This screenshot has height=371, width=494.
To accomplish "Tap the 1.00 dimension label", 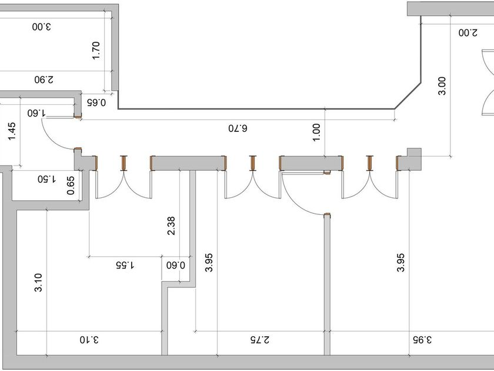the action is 316,131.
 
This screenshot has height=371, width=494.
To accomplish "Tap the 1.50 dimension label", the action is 46,178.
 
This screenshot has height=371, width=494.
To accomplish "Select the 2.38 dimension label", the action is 171,226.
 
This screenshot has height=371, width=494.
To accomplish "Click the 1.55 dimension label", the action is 125,265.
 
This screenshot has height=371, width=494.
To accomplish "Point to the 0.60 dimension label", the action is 176,265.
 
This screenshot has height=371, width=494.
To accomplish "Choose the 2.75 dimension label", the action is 259,340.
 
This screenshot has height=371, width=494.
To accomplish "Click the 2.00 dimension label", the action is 466,33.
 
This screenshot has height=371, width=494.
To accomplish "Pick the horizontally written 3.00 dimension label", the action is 41,26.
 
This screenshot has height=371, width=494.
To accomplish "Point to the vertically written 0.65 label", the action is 71,185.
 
